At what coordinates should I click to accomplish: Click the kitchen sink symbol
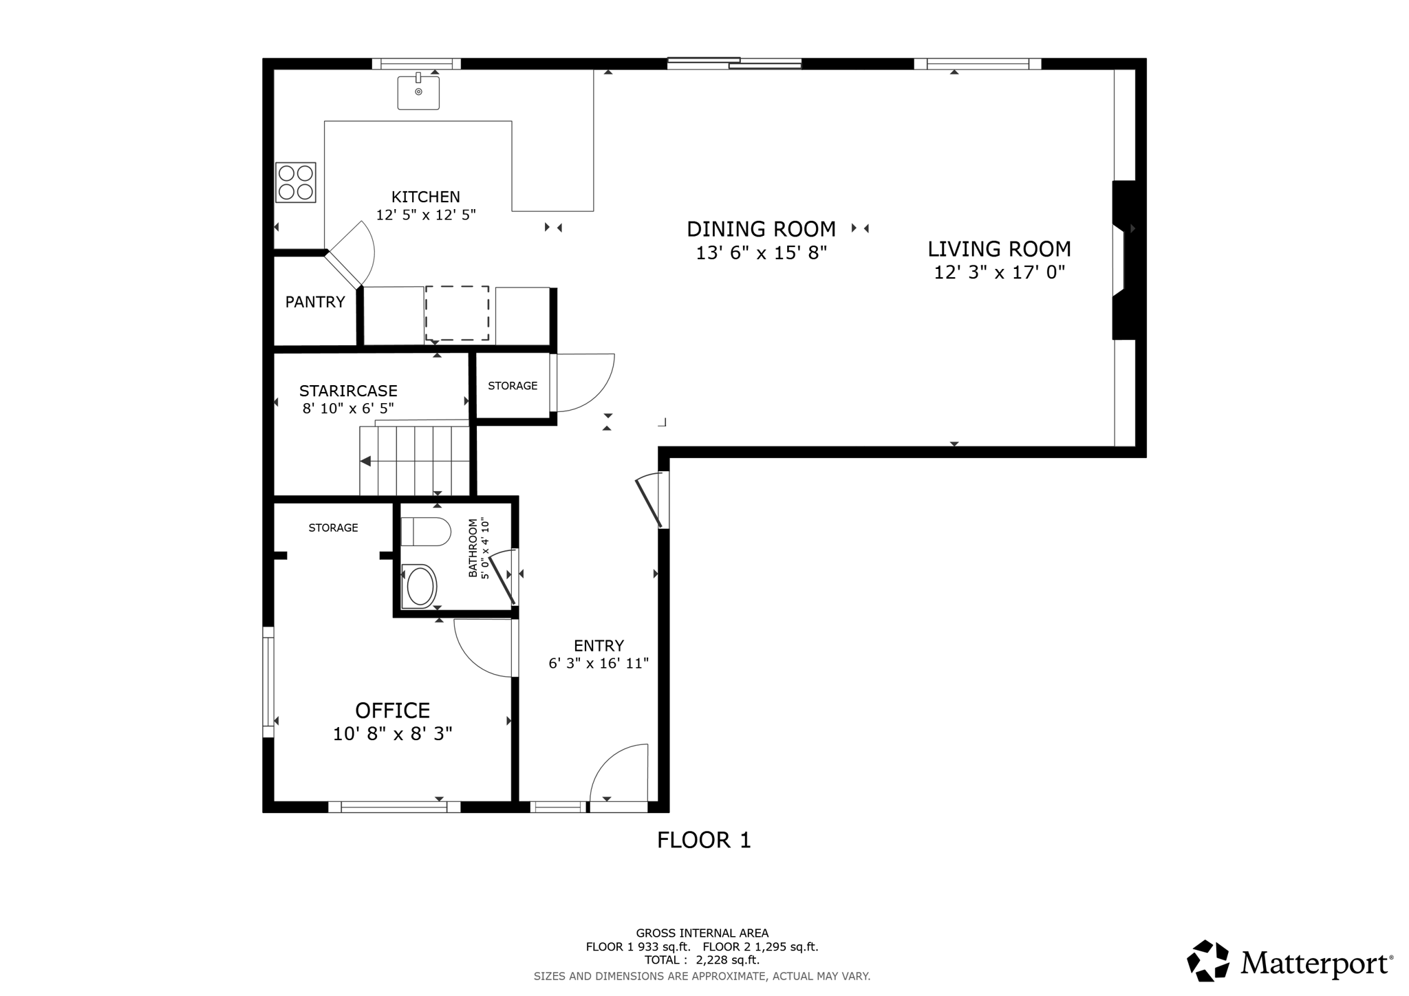pos(418,91)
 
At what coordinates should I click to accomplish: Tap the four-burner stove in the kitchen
pos(296,182)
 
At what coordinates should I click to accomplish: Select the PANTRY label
pos(315,302)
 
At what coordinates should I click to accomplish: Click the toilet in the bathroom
pos(425,532)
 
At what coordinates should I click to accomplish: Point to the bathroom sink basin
pos(419,587)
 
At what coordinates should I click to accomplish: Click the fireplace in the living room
pos(1124,260)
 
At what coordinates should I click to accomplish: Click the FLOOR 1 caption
pos(704,840)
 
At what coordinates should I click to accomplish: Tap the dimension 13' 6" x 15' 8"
pos(761,253)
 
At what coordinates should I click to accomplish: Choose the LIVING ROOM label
pos(999,249)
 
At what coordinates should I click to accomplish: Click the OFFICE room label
pos(392,710)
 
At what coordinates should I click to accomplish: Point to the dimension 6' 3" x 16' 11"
pos(599,664)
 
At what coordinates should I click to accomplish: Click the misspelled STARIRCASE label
pos(348,391)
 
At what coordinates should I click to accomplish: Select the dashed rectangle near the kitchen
pos(457,313)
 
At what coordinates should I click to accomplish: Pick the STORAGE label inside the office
pos(333,528)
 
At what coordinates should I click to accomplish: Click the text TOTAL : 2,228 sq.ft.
pos(702,960)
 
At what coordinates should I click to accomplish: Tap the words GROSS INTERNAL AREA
pos(702,933)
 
